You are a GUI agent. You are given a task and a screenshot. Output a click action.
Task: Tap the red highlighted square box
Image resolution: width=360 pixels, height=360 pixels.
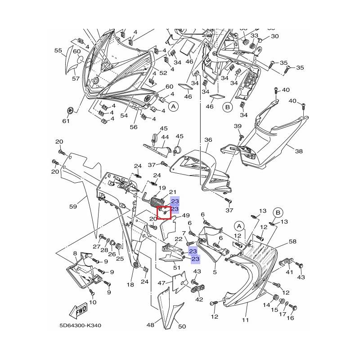click(164, 212)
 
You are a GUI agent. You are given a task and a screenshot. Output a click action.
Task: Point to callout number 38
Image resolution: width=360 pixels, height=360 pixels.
click(299, 152)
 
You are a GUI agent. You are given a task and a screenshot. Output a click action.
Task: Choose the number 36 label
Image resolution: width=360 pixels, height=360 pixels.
click(208, 140)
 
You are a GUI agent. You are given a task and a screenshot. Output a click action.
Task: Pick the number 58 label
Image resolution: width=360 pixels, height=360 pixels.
click(292, 242)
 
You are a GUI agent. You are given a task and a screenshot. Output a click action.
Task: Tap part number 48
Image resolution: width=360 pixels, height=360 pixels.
click(150, 324)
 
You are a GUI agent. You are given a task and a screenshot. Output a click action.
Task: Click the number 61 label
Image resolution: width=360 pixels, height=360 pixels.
click(66, 121)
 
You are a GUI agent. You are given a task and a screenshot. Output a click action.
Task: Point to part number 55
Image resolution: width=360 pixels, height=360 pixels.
click(58, 51)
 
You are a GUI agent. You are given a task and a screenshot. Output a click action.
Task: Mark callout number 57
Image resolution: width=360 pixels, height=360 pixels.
click(76, 78)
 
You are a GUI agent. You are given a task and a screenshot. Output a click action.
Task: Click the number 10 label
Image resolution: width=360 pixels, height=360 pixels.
click(93, 302)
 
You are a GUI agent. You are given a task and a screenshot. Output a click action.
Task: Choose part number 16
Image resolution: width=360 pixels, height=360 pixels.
click(290, 318)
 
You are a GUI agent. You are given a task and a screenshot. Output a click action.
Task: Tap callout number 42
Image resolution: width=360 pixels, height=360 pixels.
click(199, 299)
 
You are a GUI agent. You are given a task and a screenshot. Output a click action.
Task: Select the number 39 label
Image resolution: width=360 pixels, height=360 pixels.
click(238, 126)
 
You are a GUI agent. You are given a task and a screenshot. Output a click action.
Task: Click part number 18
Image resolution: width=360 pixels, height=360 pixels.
click(130, 285)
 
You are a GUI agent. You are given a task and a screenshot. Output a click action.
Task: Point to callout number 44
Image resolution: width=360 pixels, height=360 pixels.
click(165, 137)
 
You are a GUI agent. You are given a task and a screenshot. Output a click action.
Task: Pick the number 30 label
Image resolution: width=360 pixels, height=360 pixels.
click(275, 36)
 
